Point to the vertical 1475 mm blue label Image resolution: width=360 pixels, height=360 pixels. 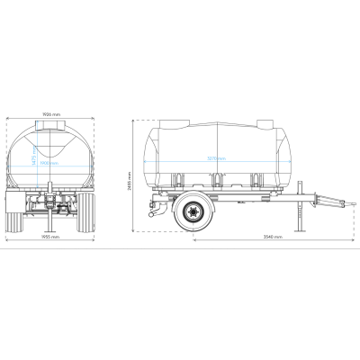pyautogui.click(x=31, y=156)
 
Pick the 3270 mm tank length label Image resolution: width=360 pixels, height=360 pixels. pyautogui.click(x=216, y=158)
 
